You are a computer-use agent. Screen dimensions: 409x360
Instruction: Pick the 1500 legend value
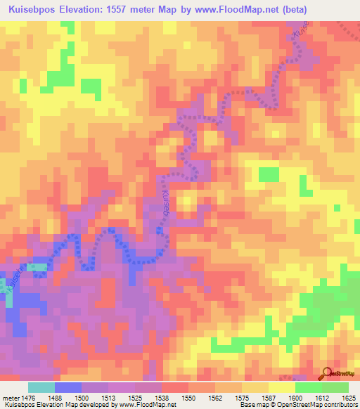tap(82, 397)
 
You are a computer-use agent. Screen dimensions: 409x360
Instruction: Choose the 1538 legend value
tap(162, 397)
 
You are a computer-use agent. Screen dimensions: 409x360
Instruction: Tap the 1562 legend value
tap(215, 397)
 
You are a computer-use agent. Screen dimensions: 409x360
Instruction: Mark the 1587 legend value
tap(269, 397)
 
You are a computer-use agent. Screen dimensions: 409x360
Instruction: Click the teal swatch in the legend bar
tap(41, 387)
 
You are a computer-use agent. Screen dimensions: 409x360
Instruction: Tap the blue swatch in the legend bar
tap(68, 387)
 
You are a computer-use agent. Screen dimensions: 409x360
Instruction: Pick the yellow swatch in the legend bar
tap(282, 387)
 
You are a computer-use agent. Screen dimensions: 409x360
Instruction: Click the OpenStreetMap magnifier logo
tap(328, 373)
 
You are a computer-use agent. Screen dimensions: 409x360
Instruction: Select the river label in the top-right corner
tap(299, 31)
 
